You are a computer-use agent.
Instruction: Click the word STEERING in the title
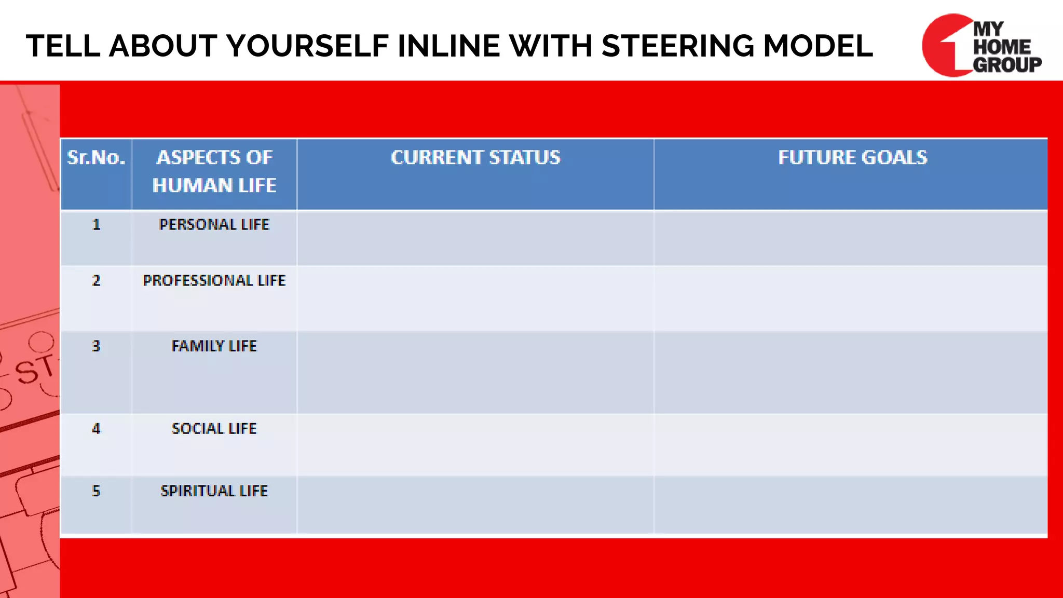tap(678, 46)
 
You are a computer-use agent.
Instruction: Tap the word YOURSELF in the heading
tap(307, 46)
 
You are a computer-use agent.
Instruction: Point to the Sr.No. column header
tap(96, 158)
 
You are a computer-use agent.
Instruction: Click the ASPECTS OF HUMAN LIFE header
tap(214, 171)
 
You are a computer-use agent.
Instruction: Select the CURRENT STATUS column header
tap(475, 158)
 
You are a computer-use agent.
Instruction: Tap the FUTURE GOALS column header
tap(852, 158)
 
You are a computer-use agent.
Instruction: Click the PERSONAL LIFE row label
tap(214, 225)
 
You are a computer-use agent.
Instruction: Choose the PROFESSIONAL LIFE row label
tap(214, 281)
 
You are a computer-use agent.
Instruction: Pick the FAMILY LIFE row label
tap(214, 346)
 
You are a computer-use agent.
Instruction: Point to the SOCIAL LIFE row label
tap(214, 429)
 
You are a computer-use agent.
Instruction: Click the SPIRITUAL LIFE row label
tap(214, 491)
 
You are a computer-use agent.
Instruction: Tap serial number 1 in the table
tap(96, 225)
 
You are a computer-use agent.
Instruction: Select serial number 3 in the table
tap(96, 346)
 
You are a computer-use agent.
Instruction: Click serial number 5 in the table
tap(96, 491)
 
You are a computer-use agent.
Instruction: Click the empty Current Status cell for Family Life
tap(475, 372)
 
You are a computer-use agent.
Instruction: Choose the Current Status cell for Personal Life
tap(475, 238)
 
